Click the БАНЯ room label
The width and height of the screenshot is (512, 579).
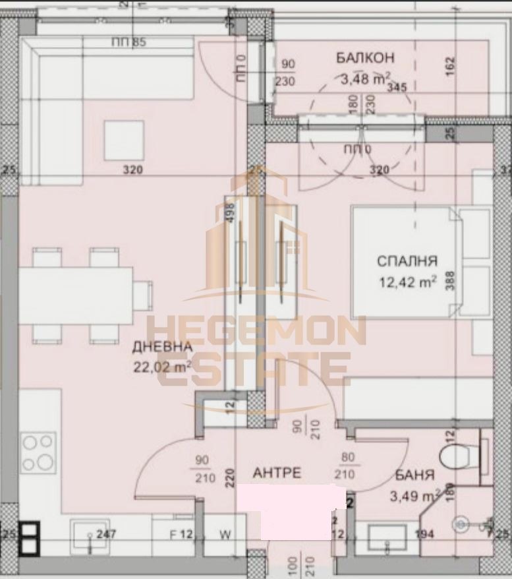pos(415,475)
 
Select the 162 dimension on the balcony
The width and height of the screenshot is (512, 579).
pos(451,65)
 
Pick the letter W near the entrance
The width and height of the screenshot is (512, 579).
pos(225,534)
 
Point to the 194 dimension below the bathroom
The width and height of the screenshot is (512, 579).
pos(425,534)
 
